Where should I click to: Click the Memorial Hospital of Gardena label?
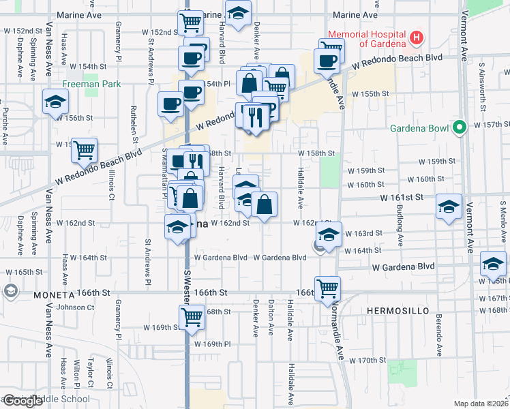click(368, 39)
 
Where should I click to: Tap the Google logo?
click(22, 401)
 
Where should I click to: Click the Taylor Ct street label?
click(90, 373)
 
